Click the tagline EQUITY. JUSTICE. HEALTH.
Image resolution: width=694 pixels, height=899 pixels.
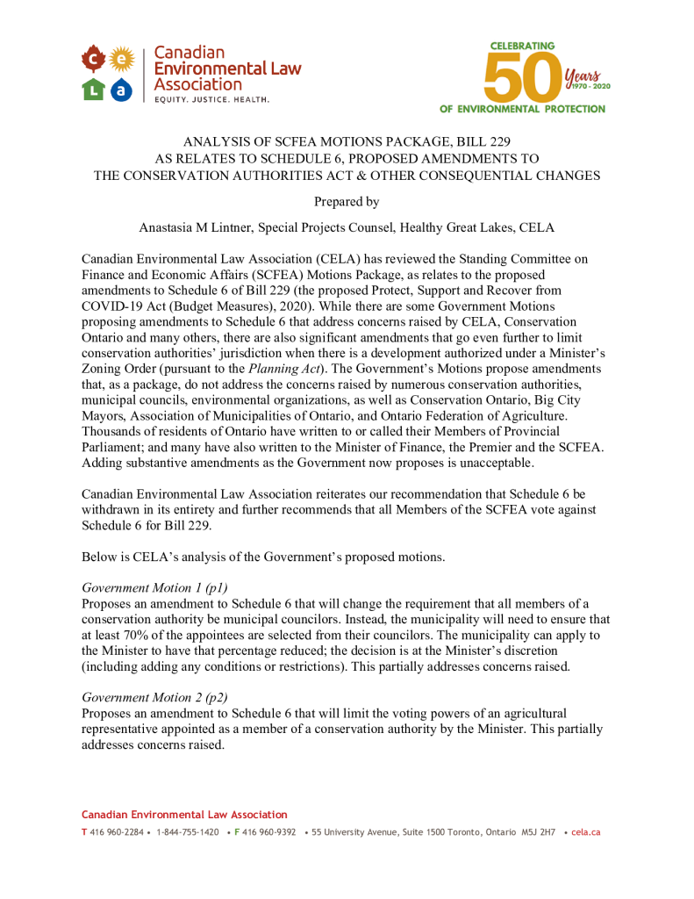(x=211, y=100)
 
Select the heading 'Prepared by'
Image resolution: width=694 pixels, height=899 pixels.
(x=347, y=202)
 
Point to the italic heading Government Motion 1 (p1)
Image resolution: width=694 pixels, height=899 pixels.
(x=154, y=587)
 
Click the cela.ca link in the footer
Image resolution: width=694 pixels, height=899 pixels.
(x=585, y=832)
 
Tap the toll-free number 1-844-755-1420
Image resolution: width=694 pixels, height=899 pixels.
(x=188, y=832)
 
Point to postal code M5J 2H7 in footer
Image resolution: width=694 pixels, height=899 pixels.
(x=539, y=832)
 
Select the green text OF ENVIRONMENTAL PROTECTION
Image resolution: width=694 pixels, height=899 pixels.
(x=523, y=109)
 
